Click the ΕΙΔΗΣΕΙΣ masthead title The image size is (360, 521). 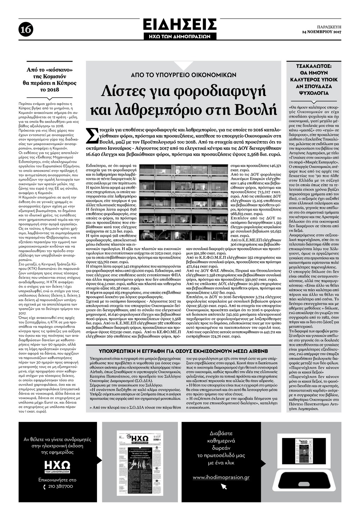click(180, 25)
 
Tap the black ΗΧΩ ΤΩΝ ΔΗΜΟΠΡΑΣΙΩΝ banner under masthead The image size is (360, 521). click(180, 36)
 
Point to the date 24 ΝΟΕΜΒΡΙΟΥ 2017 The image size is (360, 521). click(321, 32)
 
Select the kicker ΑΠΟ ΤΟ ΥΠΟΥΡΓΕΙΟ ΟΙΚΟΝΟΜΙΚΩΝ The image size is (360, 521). click(184, 75)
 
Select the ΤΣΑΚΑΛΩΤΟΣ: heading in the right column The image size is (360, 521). click(314, 65)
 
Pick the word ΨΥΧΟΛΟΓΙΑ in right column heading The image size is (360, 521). click(314, 93)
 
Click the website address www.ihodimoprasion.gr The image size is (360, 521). click(221, 477)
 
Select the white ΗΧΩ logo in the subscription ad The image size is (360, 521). click(57, 466)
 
